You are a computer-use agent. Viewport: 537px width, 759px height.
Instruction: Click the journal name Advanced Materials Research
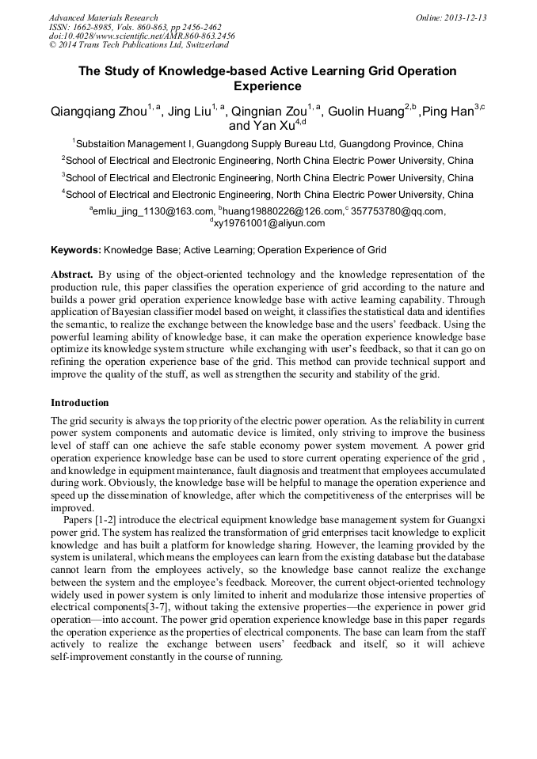pyautogui.click(x=103, y=17)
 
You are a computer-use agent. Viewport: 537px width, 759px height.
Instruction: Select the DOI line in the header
pyautogui.click(x=142, y=36)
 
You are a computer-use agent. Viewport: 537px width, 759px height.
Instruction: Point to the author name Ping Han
pyautogui.click(x=447, y=112)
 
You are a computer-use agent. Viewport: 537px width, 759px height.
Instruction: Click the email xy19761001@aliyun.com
pyautogui.click(x=269, y=223)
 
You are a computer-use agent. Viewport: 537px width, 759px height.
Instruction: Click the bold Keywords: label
pyautogui.click(x=75, y=250)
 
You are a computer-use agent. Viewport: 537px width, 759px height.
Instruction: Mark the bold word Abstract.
pyautogui.click(x=72, y=275)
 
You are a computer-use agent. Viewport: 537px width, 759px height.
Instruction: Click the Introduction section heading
pyautogui.click(x=80, y=402)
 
